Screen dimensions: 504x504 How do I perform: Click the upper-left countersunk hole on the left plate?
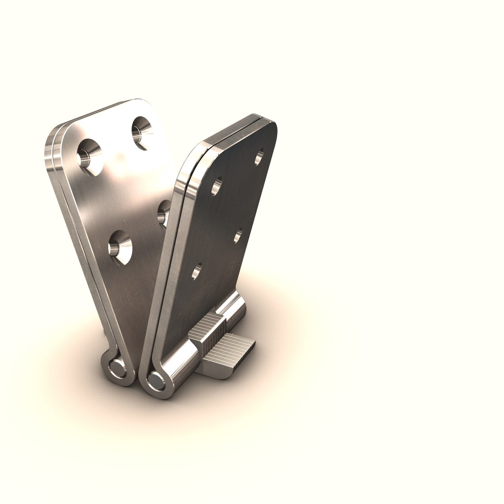coord(89,156)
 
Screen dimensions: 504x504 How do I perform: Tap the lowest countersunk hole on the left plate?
coord(120,247)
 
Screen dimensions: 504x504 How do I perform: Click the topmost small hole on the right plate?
coord(259,157)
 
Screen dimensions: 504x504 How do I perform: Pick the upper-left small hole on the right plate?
coord(216,186)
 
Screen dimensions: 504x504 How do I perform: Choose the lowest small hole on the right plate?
coord(196,272)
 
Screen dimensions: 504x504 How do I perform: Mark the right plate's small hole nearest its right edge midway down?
coord(238,236)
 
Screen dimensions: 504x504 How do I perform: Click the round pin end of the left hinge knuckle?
coord(115,369)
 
